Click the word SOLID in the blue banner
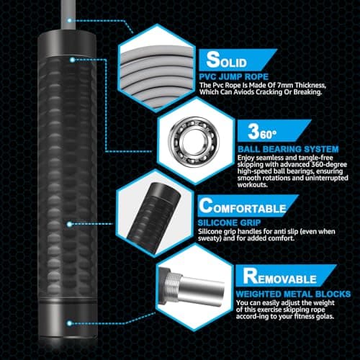point(227,60)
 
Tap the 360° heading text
point(262,132)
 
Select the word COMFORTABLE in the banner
point(243,206)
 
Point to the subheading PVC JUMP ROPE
point(234,77)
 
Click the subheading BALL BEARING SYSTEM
point(288,149)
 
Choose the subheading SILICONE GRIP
point(229,222)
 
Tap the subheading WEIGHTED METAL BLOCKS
point(293,294)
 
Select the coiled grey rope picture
point(157,70)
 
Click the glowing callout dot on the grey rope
point(69,20)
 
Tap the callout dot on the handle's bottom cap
point(69,323)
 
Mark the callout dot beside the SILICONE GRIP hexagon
point(69,225)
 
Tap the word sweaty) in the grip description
point(209,238)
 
